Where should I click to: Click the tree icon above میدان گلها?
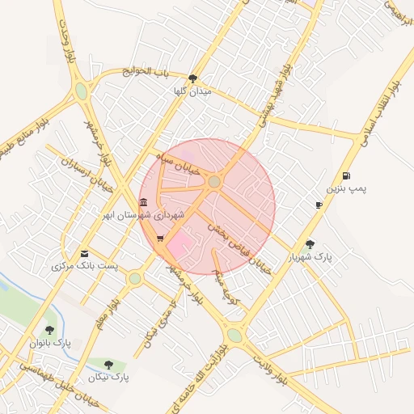[x=192, y=78]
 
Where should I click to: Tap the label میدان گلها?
[x=192, y=92]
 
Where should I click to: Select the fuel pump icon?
[x=346, y=175]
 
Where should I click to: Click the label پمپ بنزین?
[x=346, y=188]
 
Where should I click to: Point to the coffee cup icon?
[x=319, y=205]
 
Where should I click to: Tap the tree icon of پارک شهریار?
[x=310, y=243]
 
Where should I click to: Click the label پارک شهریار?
[x=310, y=257]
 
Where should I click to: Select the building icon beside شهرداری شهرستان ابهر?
[x=143, y=202]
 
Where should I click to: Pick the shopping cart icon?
[x=160, y=239]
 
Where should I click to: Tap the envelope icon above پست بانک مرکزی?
[x=85, y=253]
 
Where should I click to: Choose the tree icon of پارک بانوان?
[x=50, y=330]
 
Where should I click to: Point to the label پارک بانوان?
[x=50, y=343]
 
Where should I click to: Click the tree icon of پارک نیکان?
[x=108, y=365]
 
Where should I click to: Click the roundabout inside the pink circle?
[x=213, y=182]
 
